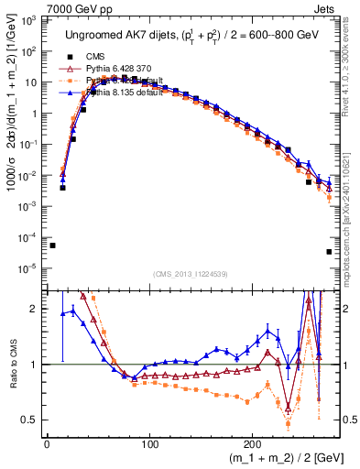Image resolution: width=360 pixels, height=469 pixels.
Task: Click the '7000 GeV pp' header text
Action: [x=37, y=7]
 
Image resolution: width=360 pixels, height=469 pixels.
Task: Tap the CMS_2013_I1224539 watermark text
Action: [x=190, y=273]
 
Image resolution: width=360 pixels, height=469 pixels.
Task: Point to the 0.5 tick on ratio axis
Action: [x=32, y=420]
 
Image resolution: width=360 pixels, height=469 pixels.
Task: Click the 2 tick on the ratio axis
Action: [x=37, y=309]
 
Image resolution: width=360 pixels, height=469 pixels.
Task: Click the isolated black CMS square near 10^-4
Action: [x=52, y=245]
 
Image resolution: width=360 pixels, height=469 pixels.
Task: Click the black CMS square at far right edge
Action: [x=329, y=252]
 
